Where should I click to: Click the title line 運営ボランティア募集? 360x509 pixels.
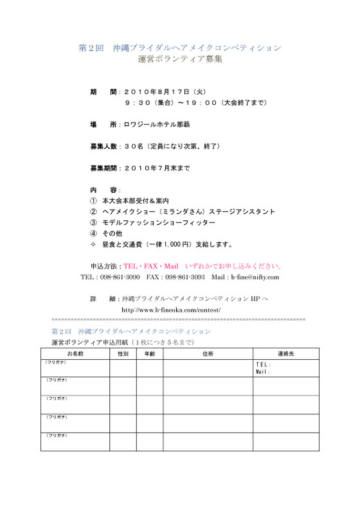180,60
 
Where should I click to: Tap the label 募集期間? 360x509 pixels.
104,168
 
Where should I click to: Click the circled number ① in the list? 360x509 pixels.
93,201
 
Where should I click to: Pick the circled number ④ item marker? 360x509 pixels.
93,233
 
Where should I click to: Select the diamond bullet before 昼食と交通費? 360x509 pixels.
93,244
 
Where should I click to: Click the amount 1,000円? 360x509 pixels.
179,244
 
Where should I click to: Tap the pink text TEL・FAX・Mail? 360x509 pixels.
150,266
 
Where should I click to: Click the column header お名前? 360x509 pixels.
75,353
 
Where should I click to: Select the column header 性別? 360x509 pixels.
122,353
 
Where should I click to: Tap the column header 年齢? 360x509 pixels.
149,353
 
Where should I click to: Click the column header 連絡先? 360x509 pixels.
285,353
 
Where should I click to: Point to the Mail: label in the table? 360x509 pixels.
264,371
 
